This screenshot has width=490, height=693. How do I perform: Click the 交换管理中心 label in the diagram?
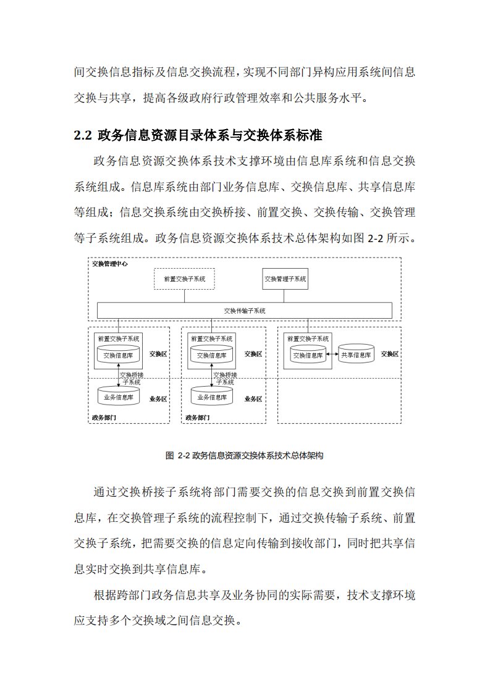[x=110, y=264]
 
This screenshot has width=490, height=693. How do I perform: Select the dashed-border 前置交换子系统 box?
[x=184, y=279]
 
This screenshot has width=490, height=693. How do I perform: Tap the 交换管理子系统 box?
[x=285, y=279]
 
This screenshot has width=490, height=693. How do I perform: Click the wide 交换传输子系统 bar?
[x=245, y=311]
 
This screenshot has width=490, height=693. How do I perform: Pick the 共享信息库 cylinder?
[x=356, y=355]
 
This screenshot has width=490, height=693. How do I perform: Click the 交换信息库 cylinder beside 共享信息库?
[x=308, y=355]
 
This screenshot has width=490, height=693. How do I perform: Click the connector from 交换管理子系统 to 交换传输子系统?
[x=285, y=296]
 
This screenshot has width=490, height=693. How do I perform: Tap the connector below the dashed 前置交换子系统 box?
[x=184, y=296]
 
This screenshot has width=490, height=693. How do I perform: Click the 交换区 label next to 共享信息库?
[x=390, y=354]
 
